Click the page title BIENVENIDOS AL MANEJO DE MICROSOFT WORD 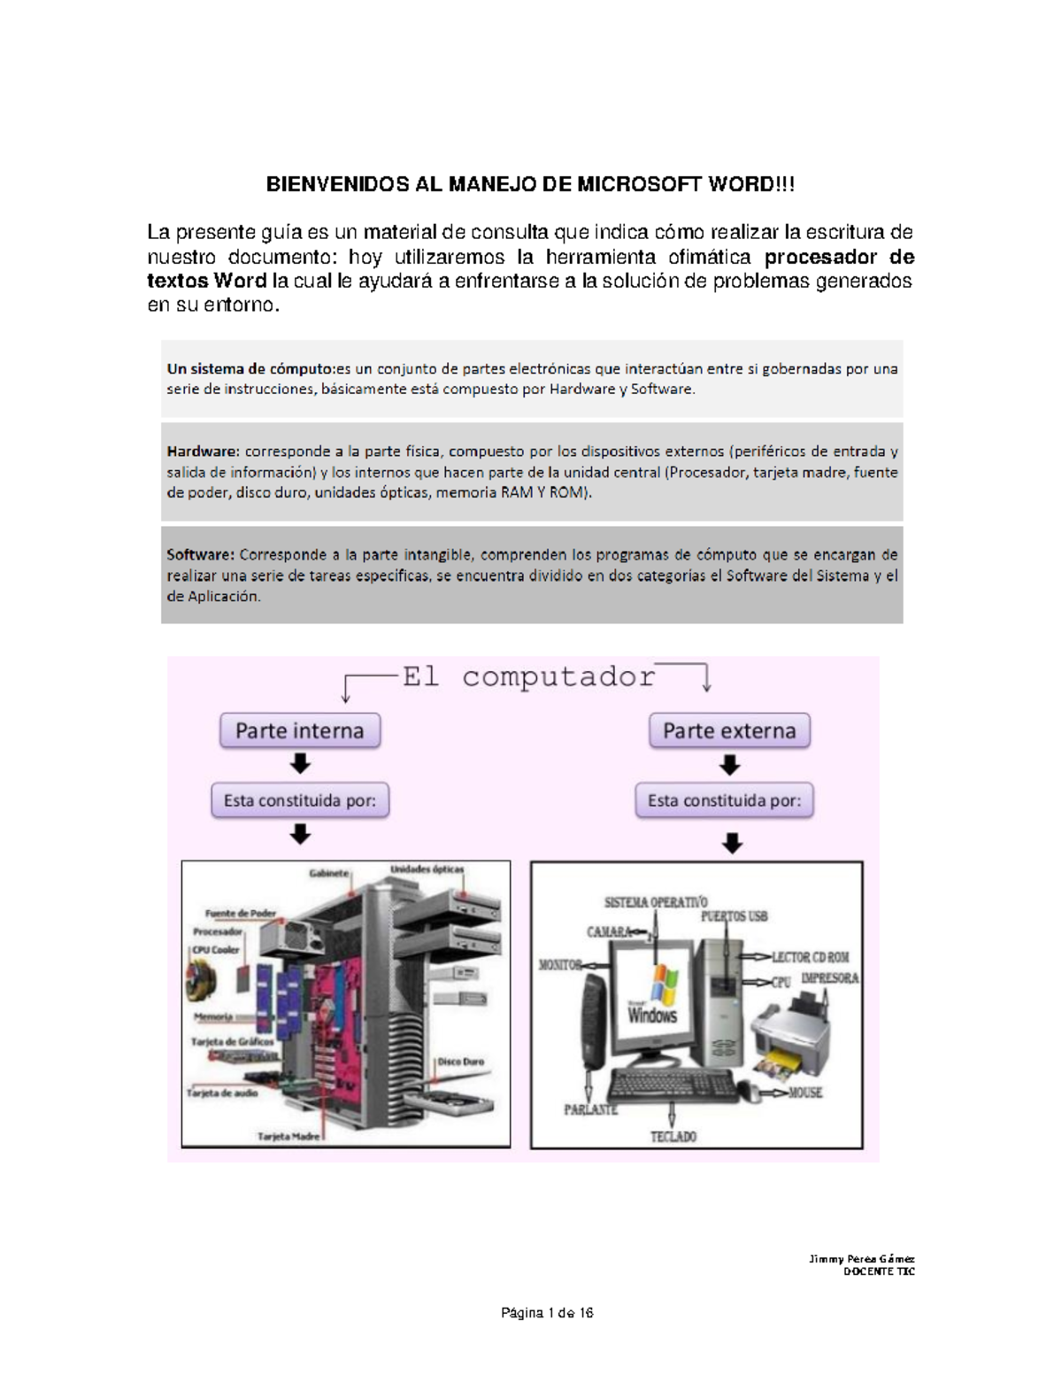click(531, 184)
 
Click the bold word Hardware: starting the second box click(203, 451)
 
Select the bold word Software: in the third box click(201, 555)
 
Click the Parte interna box click(300, 731)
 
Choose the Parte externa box click(729, 731)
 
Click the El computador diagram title click(528, 677)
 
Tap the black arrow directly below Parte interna click(300, 763)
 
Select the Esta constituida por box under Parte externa click(724, 800)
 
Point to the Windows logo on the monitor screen click(661, 985)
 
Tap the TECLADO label click(673, 1136)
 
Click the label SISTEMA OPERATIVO click(656, 902)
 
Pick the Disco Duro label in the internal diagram click(460, 1062)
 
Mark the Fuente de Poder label click(241, 913)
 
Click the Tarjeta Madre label click(289, 1136)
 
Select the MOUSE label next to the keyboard click(804, 1093)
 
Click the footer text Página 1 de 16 click(547, 1313)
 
